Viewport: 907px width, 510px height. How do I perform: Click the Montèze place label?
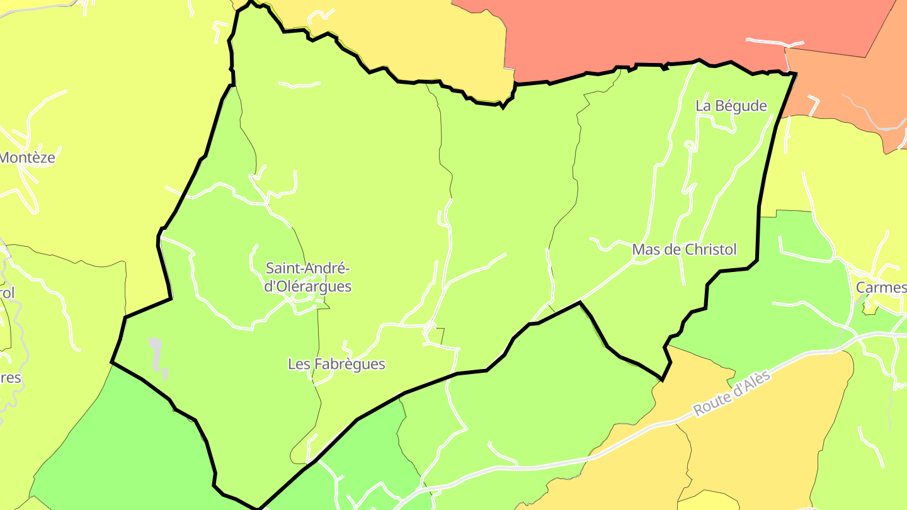(x=27, y=157)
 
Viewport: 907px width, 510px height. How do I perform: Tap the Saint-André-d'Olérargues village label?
(x=308, y=278)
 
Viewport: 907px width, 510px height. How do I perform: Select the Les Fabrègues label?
(x=336, y=364)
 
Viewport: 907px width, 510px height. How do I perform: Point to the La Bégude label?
(x=731, y=106)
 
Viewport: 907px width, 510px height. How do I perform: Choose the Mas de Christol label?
(x=684, y=250)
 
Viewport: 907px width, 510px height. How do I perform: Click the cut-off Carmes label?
(x=881, y=288)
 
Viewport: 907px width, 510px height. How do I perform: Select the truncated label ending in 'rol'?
(x=7, y=293)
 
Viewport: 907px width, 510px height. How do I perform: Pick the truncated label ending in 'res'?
(x=11, y=378)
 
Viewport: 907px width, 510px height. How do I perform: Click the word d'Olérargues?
(x=308, y=286)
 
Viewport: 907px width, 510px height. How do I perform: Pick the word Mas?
(x=644, y=250)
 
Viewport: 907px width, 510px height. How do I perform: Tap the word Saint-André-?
(x=308, y=269)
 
